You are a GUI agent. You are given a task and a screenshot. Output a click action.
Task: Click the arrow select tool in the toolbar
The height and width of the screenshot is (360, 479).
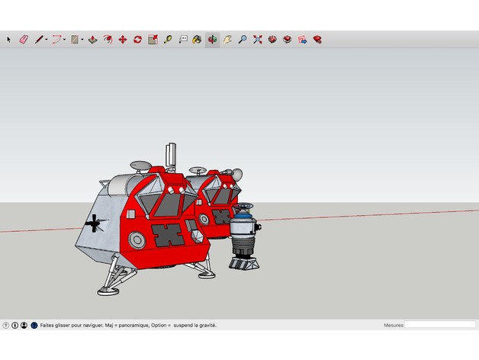[9, 39]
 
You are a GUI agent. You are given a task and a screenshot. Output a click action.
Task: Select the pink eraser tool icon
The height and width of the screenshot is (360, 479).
[23, 39]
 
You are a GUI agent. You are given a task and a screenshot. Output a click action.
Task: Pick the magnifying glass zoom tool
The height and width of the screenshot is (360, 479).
[243, 39]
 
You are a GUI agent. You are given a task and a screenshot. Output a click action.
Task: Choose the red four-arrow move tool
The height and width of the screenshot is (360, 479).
[122, 39]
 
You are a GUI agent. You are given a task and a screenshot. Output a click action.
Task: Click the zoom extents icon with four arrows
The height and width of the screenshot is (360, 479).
[258, 39]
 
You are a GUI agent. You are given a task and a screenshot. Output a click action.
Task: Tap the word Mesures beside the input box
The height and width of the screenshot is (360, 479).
[394, 325]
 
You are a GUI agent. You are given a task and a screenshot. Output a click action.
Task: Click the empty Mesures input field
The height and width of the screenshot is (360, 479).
[439, 325]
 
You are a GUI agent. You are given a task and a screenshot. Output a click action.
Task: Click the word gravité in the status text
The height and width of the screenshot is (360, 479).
[206, 325]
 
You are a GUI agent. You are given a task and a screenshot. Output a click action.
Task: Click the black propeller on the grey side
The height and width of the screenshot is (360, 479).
[94, 223]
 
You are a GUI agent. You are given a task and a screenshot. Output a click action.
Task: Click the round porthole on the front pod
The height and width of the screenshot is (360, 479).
[137, 240]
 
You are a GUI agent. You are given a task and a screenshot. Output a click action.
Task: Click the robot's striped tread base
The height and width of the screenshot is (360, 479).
[246, 264]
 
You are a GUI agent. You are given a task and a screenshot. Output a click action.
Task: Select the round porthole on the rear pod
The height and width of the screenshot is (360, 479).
[204, 220]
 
